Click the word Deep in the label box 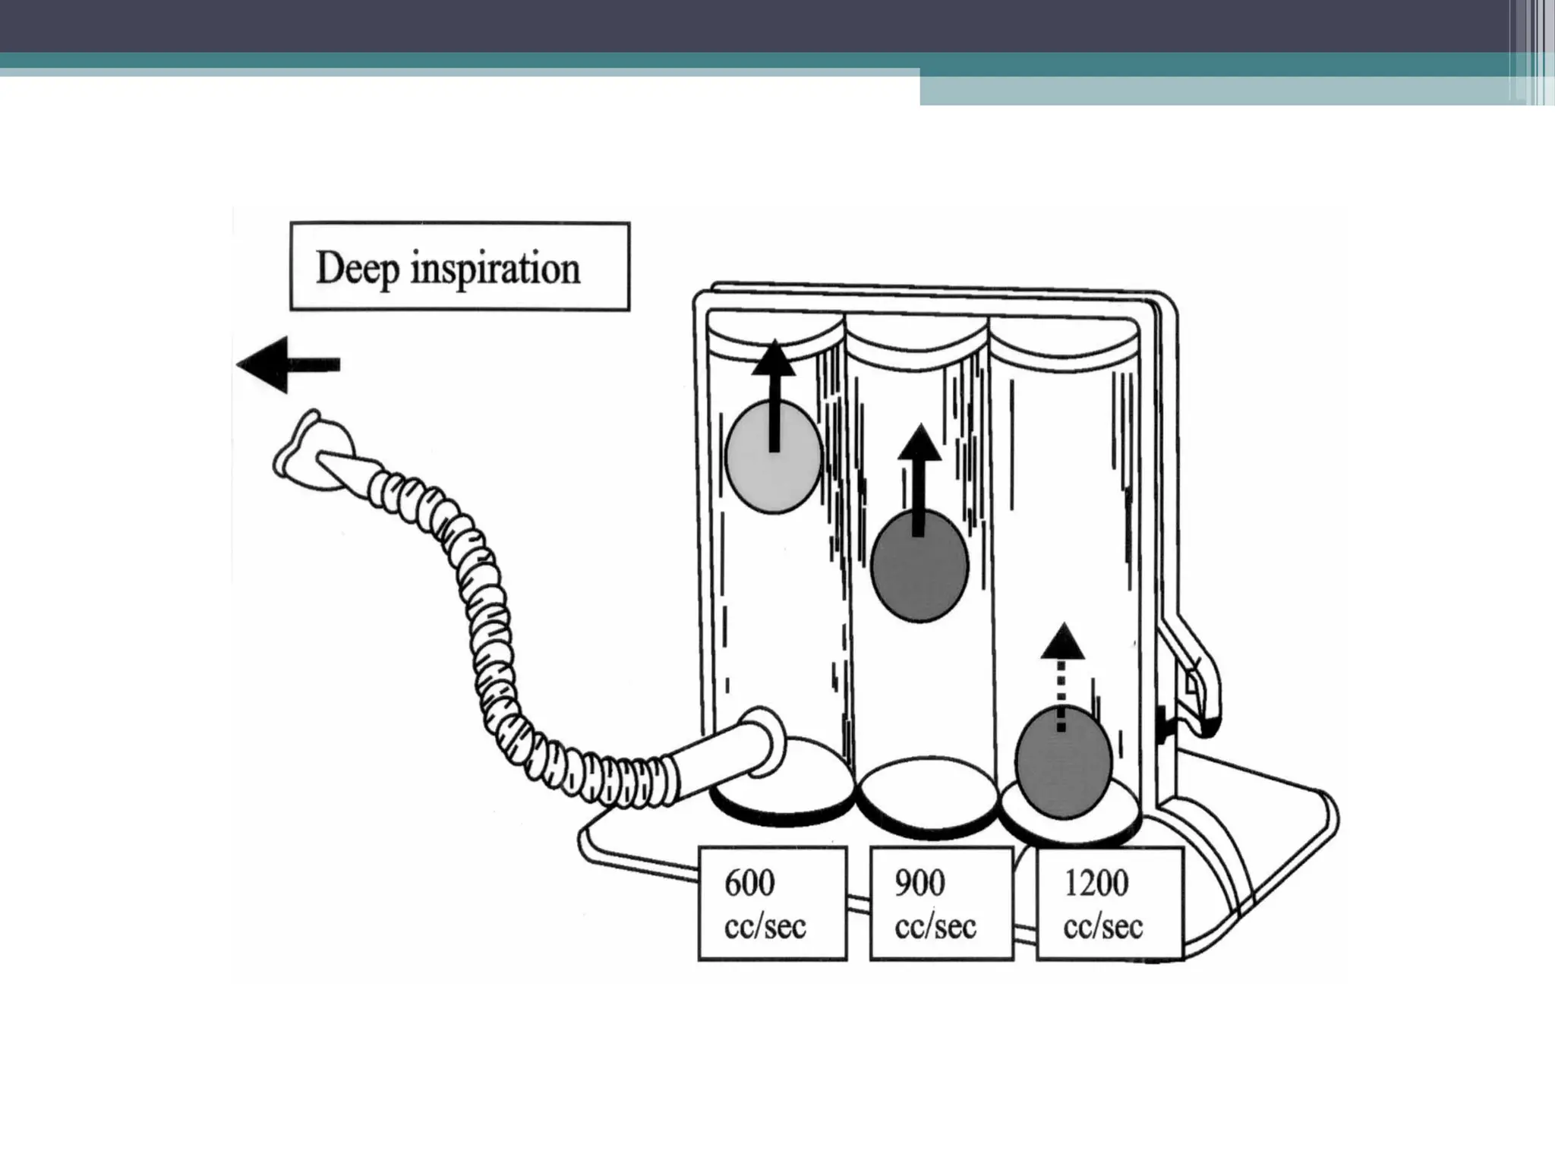tap(357, 269)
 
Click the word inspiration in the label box tap(495, 269)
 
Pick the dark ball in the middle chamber tap(919, 566)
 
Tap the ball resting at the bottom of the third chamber tap(1064, 763)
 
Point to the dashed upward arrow tap(1061, 676)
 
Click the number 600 tap(749, 884)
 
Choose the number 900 tap(919, 884)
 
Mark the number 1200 tap(1096, 884)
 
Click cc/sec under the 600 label tap(765, 927)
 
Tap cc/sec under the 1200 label tap(1102, 927)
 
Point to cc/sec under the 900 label tap(935, 927)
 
